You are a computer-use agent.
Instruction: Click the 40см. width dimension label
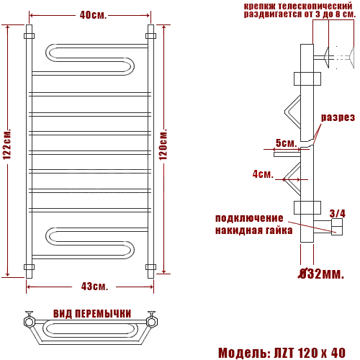click(x=93, y=15)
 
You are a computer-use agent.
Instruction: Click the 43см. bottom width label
click(x=94, y=287)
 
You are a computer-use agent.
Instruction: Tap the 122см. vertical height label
click(x=7, y=145)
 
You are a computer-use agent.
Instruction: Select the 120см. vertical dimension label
click(x=163, y=145)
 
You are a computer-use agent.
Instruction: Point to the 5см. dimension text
click(x=286, y=143)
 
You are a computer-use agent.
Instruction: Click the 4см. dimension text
click(x=263, y=174)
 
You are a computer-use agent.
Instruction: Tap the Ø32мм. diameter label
click(x=321, y=274)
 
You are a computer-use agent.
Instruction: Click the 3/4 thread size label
click(x=338, y=213)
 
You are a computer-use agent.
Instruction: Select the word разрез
click(x=338, y=117)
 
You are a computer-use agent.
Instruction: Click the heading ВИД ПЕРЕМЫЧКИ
click(x=92, y=314)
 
